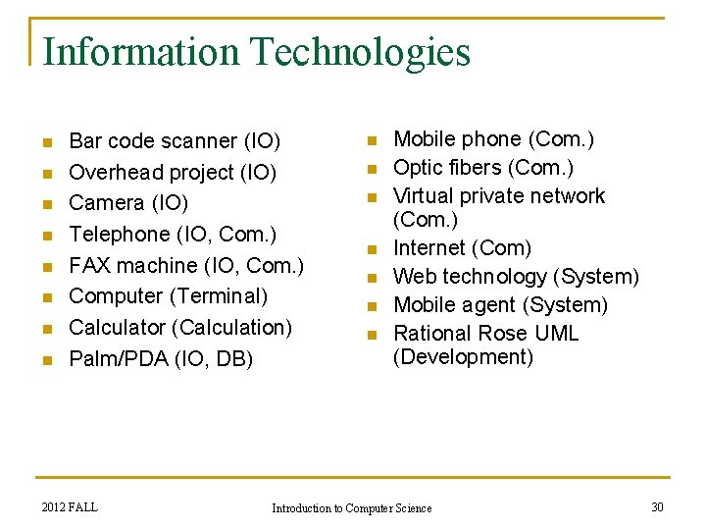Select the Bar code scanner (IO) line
pyautogui.click(x=175, y=141)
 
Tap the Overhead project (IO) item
pyautogui.click(x=173, y=173)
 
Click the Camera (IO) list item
pyautogui.click(x=128, y=203)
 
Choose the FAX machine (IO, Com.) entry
pyautogui.click(x=186, y=265)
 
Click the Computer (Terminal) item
pyautogui.click(x=169, y=295)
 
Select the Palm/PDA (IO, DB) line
pyautogui.click(x=161, y=358)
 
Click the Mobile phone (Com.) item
pyautogui.click(x=493, y=140)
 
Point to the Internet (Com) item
pyautogui.click(x=462, y=248)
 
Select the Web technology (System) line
pyautogui.click(x=516, y=277)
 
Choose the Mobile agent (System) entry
pyautogui.click(x=500, y=305)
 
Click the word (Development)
pyautogui.click(x=463, y=357)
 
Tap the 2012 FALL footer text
pyautogui.click(x=70, y=506)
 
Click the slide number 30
pyautogui.click(x=657, y=506)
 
